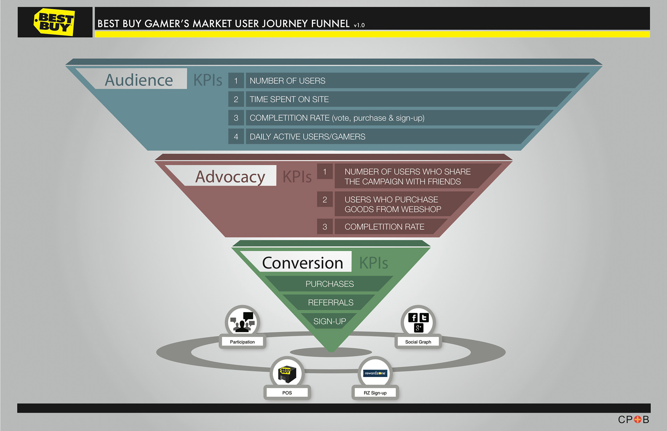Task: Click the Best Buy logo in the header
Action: coord(54,22)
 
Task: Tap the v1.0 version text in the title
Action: coord(359,25)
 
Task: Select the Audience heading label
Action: coord(139,80)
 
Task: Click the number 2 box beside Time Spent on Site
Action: coord(236,99)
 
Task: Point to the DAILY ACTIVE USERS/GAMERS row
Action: coord(307,137)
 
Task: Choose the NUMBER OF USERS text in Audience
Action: coord(287,81)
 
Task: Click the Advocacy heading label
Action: coord(230,176)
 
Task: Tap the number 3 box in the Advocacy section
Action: coord(325,227)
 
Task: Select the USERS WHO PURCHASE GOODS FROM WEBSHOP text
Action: coord(393,204)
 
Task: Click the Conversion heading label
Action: coord(302,263)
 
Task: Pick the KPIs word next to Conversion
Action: coord(373,263)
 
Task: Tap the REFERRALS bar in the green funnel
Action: coord(330,303)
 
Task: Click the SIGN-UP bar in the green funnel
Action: coord(329,321)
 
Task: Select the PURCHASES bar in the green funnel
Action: coord(329,284)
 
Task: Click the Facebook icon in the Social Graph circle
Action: coord(413,318)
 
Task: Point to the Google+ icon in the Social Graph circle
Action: coord(418,328)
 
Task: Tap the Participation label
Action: coord(242,342)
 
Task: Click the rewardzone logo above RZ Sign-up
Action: coord(375,373)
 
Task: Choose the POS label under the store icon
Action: coord(287,393)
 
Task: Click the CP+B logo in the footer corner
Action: coord(633,420)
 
